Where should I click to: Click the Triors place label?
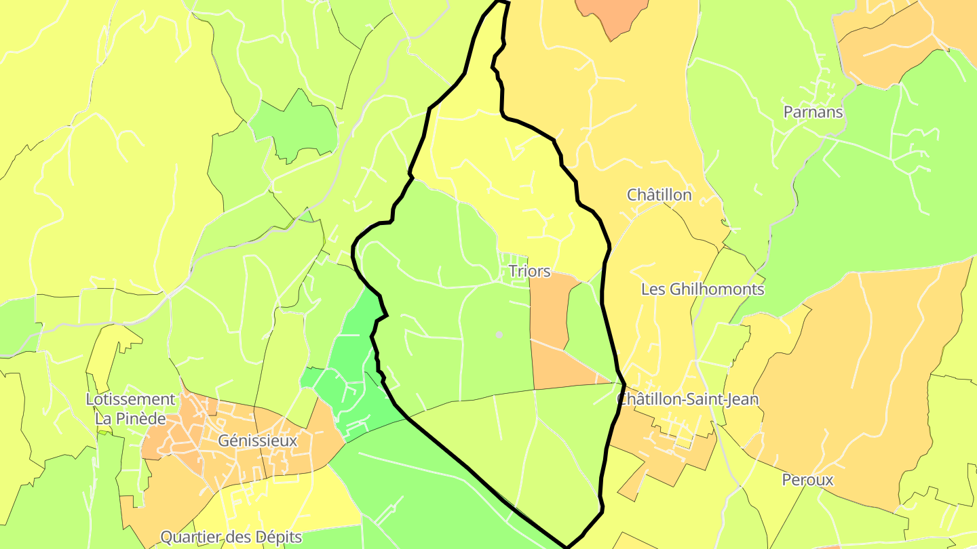[529, 271]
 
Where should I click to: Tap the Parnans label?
[813, 112]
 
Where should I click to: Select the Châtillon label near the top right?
[659, 195]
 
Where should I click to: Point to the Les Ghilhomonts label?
[702, 289]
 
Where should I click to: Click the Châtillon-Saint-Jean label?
[687, 399]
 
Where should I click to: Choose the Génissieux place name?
[258, 441]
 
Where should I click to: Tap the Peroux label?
[807, 480]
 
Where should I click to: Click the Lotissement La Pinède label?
[130, 409]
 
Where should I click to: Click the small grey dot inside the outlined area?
[499, 335]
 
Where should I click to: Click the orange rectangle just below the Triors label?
[548, 308]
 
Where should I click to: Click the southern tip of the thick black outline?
[567, 546]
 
